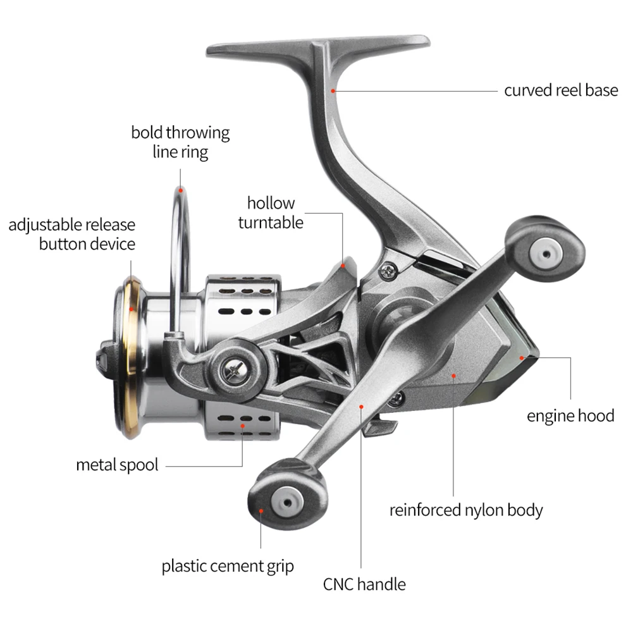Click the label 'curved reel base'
coord(560,90)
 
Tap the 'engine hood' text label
coord(570,415)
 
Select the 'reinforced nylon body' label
coord(466,510)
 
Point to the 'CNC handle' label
coord(364,584)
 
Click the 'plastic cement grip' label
coord(228,565)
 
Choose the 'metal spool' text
coord(117,465)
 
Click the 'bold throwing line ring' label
coord(180,142)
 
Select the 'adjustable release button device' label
coord(72,234)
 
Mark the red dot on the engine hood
coord(522,358)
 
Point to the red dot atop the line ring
coord(180,188)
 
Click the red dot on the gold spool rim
coord(131,310)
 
